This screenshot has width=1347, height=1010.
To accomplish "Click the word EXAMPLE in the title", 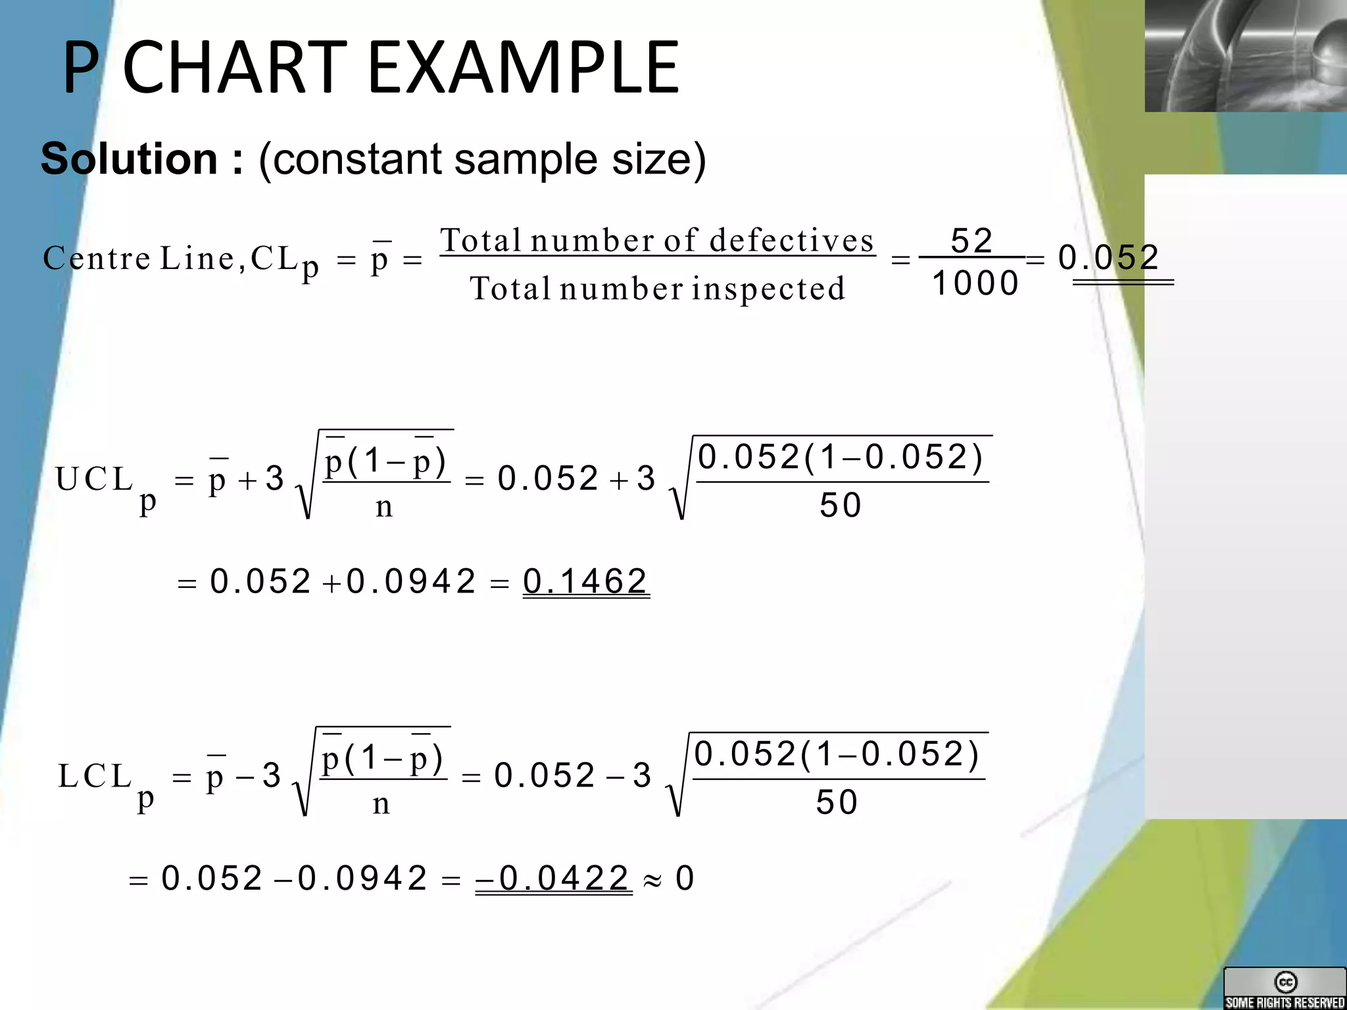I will point(523,68).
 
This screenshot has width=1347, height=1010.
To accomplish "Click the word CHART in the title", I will point(235,68).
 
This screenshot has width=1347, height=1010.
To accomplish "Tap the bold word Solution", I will point(129,159).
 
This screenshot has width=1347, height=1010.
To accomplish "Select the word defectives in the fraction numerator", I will point(792,240).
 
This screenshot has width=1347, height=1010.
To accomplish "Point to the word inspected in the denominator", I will point(768,289).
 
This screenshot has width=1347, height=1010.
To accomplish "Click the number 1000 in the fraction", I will point(975,284).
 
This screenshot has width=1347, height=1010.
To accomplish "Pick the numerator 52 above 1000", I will point(972,241).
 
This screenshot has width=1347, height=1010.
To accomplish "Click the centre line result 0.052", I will point(1109,257).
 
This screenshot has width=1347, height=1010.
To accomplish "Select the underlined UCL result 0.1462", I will point(585,581).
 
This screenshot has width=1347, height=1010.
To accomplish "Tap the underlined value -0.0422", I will point(554,878).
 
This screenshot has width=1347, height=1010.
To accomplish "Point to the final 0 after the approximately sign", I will point(685,878).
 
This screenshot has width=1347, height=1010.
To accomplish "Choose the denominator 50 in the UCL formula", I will point(840,506).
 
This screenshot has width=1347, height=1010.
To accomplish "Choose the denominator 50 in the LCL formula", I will point(837,803).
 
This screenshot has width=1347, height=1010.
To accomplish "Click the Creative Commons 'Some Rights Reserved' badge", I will point(1285,988).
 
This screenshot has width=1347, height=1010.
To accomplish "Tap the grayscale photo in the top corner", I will point(1246,55).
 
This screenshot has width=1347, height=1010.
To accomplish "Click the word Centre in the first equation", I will point(97,258).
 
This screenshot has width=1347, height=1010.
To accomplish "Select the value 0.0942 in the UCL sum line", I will point(411,581).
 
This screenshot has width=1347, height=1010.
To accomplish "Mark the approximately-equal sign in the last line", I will point(652,880).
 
